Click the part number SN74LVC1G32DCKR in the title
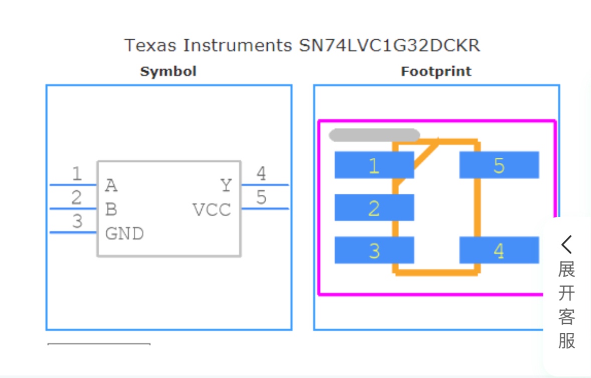pos(389,46)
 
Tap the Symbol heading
pos(168,72)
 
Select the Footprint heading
pos(436,72)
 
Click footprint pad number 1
pos(374,165)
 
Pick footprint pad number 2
pos(374,208)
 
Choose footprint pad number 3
pos(374,250)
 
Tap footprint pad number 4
pos(499,250)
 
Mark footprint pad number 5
pos(499,165)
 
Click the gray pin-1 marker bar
pos(374,135)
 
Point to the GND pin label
pos(124,234)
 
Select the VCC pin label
pos(212,210)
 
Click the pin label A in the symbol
pos(111,186)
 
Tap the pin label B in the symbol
pos(111,210)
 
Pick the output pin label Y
pos(226,186)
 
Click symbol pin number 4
pos(261,174)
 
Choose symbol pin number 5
pos(261,198)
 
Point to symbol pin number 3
pos(77,221)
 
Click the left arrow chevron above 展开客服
pos(566,245)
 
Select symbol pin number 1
pos(77,174)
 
